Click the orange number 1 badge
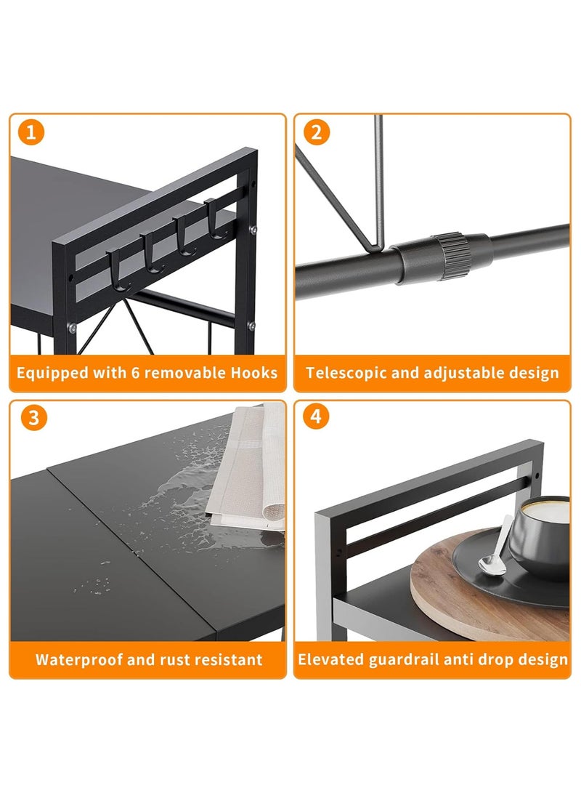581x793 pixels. (31, 132)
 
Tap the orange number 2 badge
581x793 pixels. (317, 132)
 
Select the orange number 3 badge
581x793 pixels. (34, 418)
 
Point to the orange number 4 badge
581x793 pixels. (316, 416)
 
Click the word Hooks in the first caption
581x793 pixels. (254, 373)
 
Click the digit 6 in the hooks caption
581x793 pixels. (135, 373)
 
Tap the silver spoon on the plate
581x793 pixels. (495, 546)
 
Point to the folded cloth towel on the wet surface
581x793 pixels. (248, 468)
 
